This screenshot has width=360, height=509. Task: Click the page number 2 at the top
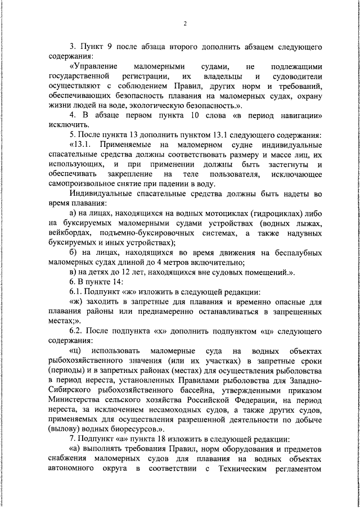[184, 24]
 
